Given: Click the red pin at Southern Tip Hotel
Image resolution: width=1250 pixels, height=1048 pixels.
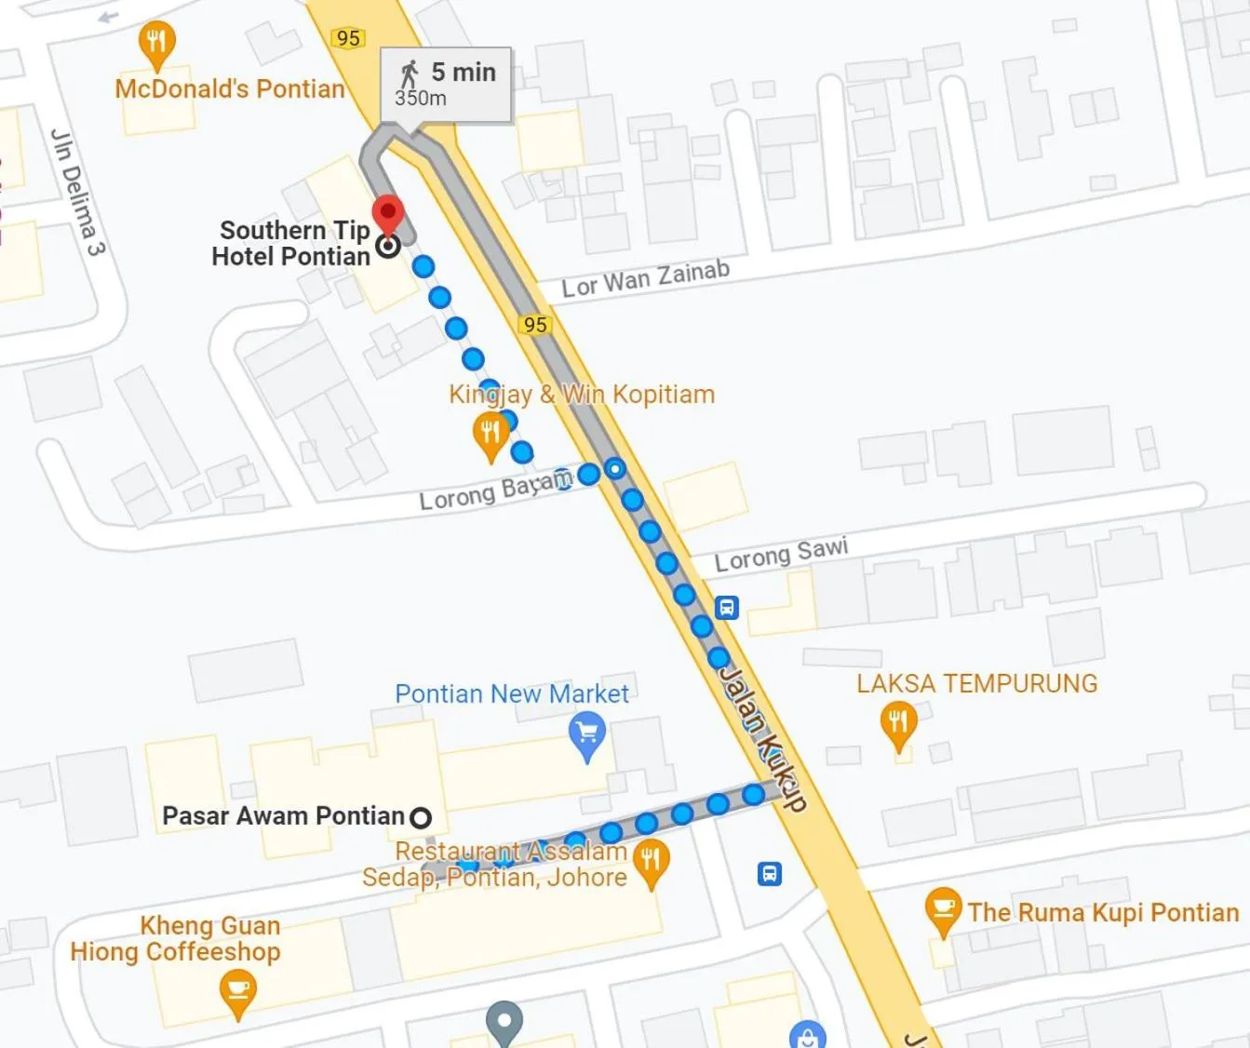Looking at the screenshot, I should click(388, 213).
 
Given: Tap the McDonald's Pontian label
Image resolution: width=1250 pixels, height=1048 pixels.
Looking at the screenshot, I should click(230, 89).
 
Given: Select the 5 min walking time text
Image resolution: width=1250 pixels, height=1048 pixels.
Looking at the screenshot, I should click(463, 72).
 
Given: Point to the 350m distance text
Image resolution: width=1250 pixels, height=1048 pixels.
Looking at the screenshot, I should click(421, 99).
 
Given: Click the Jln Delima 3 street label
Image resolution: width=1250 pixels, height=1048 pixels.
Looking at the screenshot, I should click(77, 192).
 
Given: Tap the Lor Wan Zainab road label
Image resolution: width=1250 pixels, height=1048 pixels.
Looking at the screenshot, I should click(645, 279).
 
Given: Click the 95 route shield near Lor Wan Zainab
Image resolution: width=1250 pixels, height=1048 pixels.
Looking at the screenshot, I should click(535, 325).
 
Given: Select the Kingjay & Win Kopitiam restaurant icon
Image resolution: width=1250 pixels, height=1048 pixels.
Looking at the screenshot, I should click(491, 434).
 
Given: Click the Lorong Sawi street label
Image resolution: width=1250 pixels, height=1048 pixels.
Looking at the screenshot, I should click(781, 554).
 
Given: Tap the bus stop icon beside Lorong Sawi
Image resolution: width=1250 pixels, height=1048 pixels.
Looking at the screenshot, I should click(727, 608).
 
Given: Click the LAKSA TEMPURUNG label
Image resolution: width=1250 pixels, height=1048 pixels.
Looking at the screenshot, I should click(976, 684).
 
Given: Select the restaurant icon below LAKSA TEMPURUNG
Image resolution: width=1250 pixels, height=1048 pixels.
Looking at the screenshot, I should click(898, 723).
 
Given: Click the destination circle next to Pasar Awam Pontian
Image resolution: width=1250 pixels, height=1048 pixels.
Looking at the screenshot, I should click(421, 817).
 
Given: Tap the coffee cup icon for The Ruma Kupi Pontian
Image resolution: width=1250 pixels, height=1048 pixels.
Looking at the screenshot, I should click(943, 908).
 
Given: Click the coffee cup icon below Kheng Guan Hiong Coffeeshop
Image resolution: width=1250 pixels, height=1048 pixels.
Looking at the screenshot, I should click(238, 988).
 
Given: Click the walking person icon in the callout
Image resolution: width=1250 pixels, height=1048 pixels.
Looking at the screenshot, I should click(409, 74).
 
